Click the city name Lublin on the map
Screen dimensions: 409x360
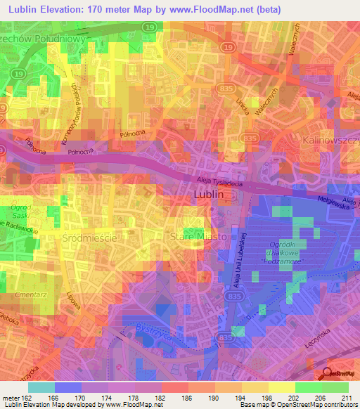point(208,195)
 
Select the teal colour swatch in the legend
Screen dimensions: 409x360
point(41,387)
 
